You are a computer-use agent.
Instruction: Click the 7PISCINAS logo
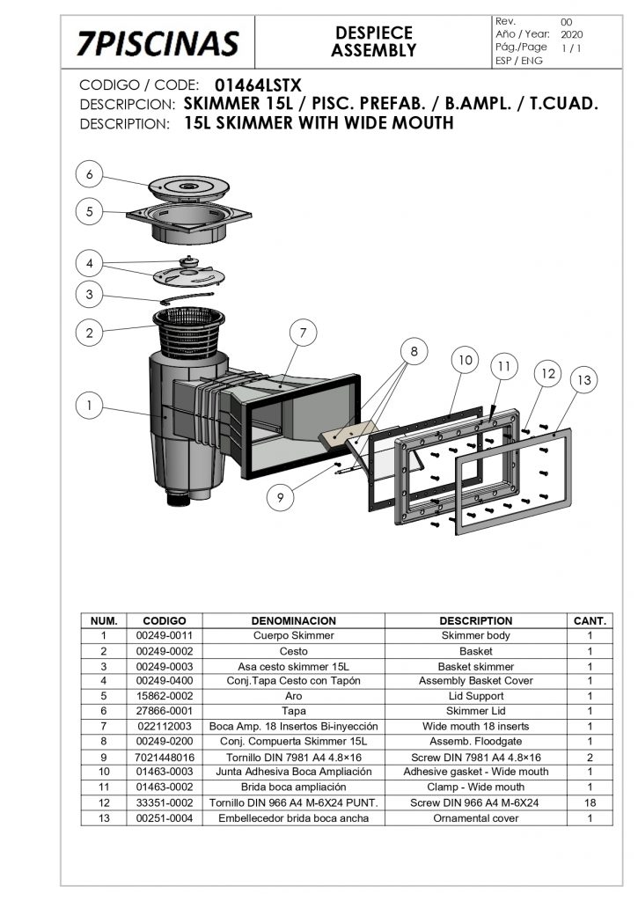point(158,44)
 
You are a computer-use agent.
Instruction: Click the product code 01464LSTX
point(258,85)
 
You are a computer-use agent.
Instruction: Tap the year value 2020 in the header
point(571,34)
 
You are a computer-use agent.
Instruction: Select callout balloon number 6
point(89,174)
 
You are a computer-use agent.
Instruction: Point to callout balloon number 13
point(584,380)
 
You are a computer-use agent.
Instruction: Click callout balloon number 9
point(281,496)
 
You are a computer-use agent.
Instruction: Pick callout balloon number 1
point(89,405)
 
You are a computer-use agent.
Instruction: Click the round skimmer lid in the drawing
point(188,187)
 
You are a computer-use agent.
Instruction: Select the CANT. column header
point(590,620)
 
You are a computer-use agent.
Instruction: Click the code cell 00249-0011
point(165,635)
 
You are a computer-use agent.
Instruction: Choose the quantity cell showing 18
point(590,802)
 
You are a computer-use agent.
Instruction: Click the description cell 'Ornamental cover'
point(476,818)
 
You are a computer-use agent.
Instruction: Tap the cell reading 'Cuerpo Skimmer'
point(294,635)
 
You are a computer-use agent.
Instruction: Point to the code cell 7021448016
point(165,758)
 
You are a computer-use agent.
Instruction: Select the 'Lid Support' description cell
point(476,696)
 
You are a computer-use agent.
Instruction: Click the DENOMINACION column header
point(294,620)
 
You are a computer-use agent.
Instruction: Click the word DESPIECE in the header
point(374,33)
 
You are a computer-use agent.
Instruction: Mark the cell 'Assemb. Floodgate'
point(476,741)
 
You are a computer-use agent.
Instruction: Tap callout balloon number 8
point(414,351)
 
